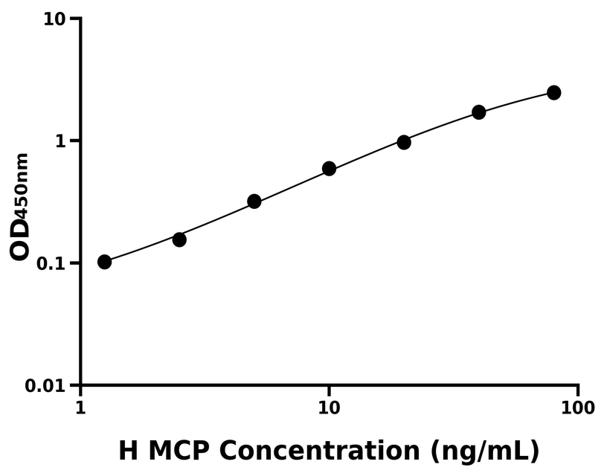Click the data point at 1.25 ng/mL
click(105, 262)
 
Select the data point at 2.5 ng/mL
click(179, 239)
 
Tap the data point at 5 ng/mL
click(254, 202)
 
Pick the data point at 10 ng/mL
click(329, 169)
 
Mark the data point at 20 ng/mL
click(404, 142)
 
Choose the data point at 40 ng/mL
click(479, 112)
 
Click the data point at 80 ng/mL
click(553, 92)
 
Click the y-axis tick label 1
click(62, 141)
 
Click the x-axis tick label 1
click(80, 407)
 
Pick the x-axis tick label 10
click(329, 407)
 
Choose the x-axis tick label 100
click(578, 407)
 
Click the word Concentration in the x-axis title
click(329, 451)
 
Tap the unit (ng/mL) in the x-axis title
click(483, 451)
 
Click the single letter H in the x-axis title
click(129, 451)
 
